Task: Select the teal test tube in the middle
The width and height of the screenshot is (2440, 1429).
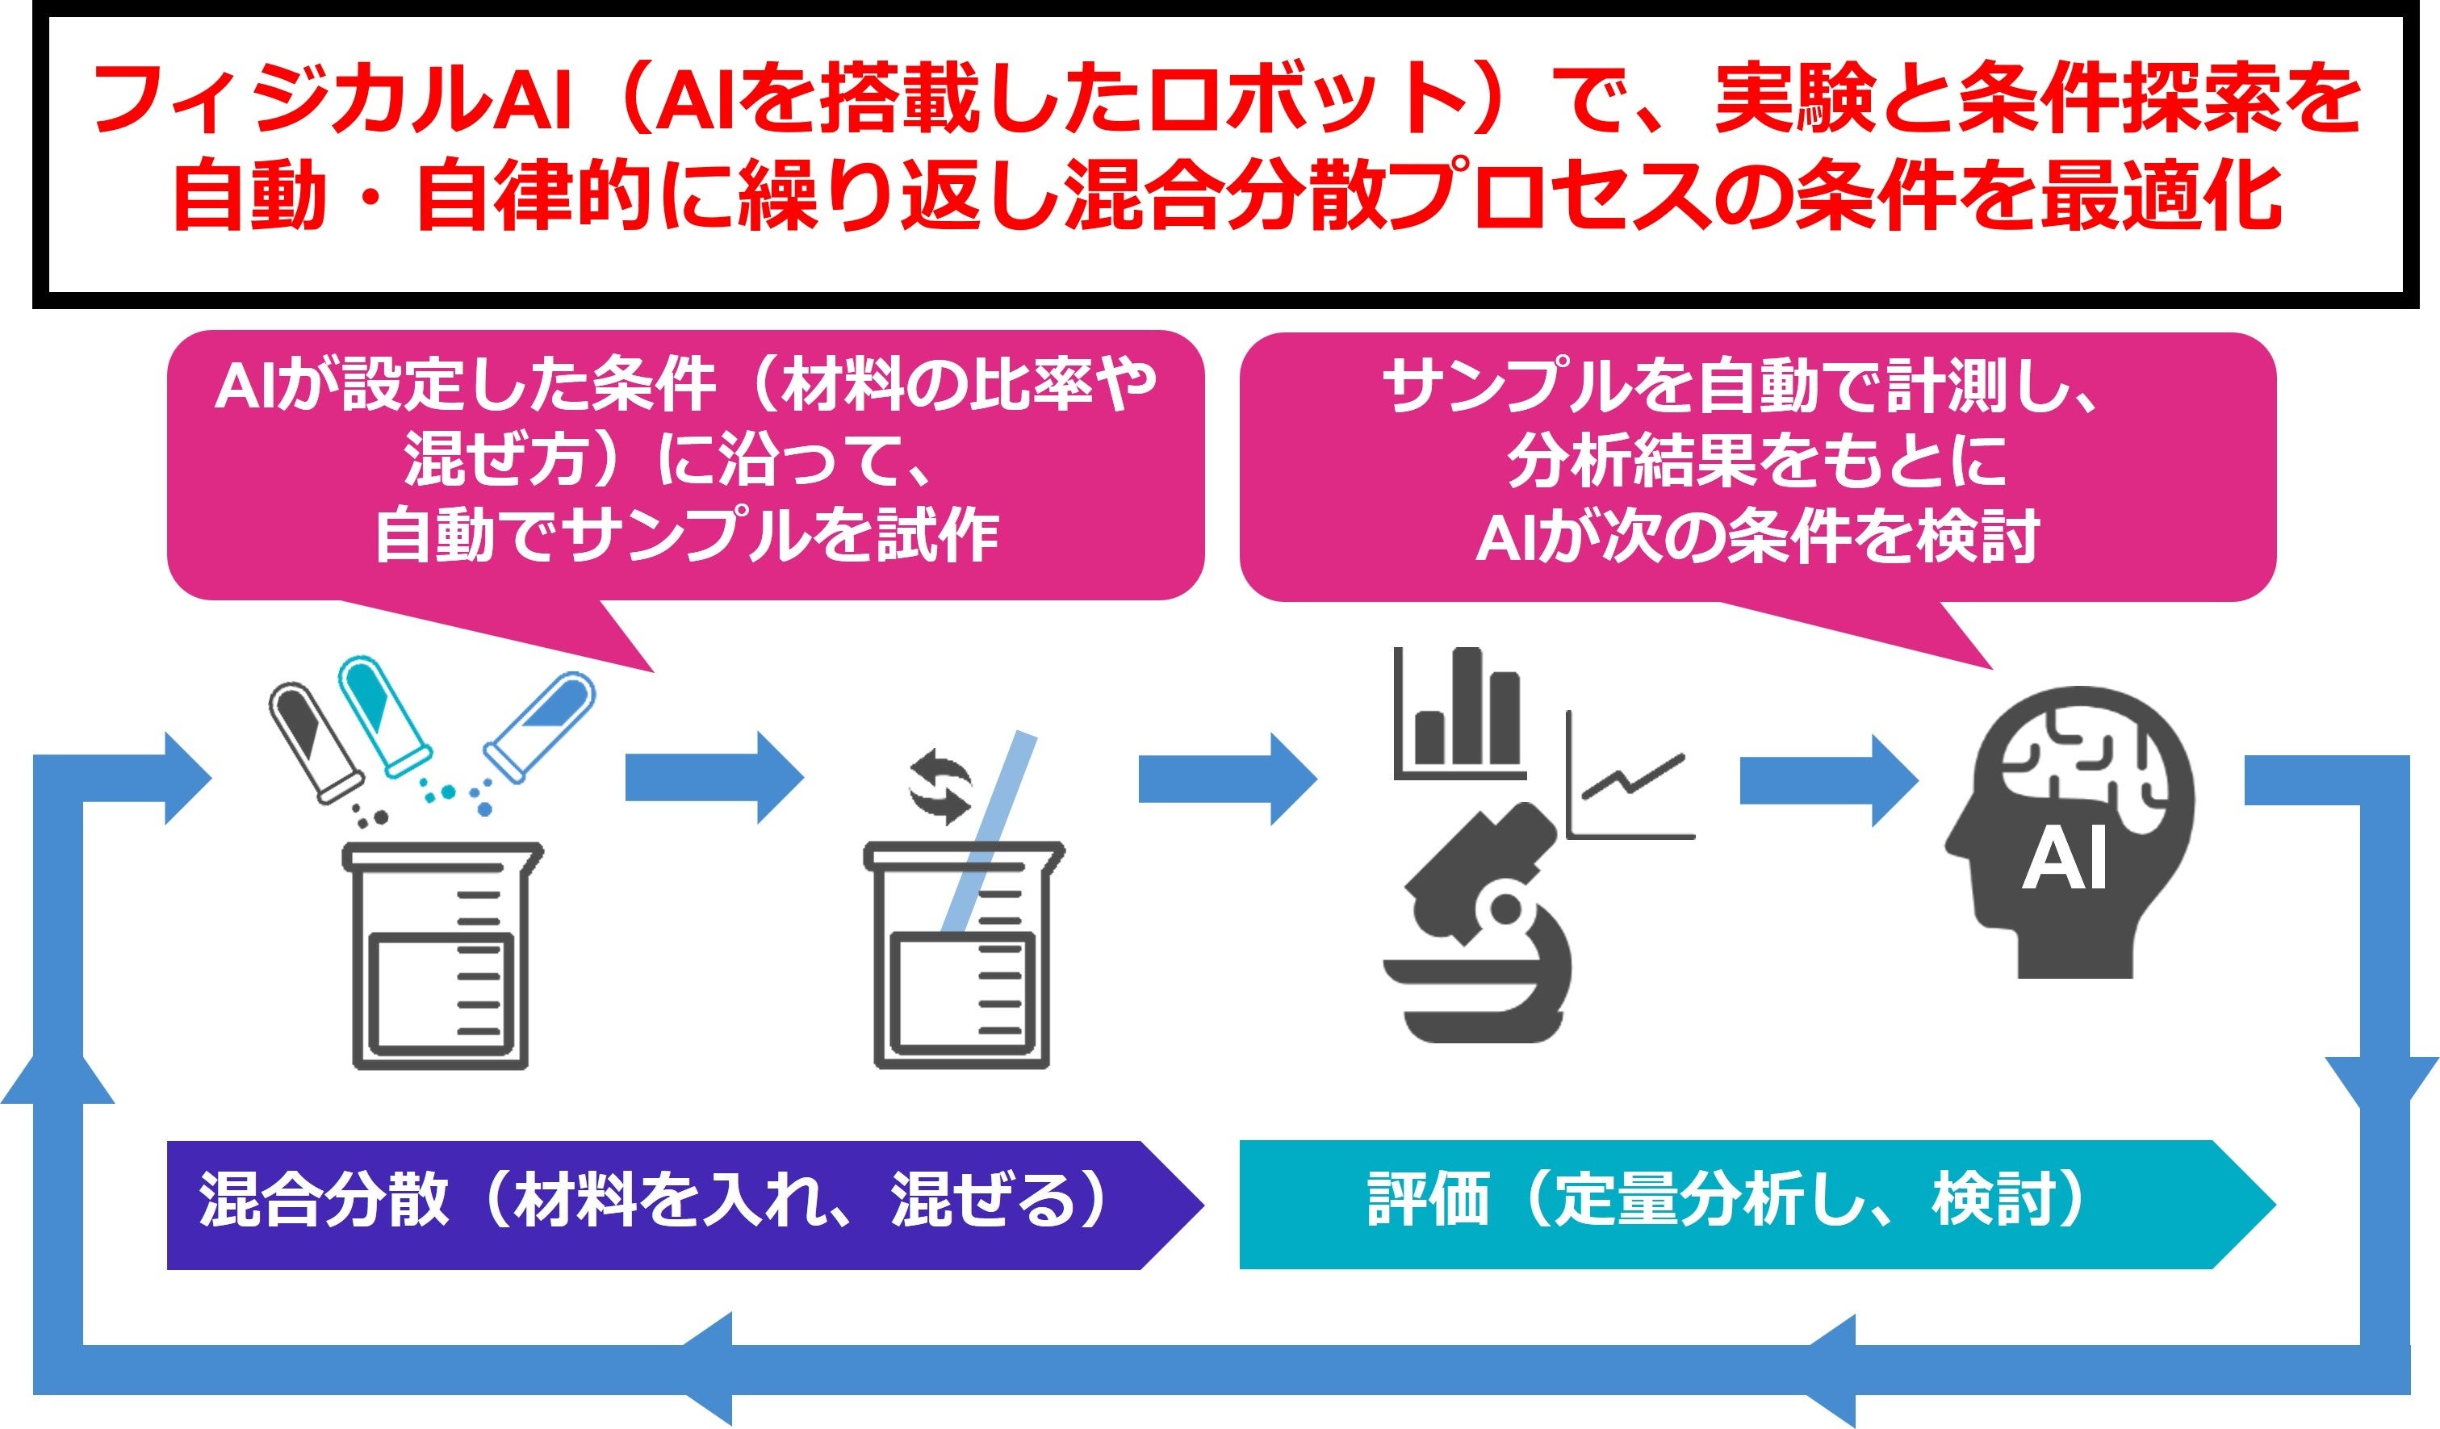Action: coord(383,715)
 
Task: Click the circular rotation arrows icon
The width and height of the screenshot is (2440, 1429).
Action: coord(940,785)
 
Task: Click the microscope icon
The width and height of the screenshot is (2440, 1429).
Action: coord(1476,930)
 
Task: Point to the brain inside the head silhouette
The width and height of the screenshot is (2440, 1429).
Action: coord(2082,765)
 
